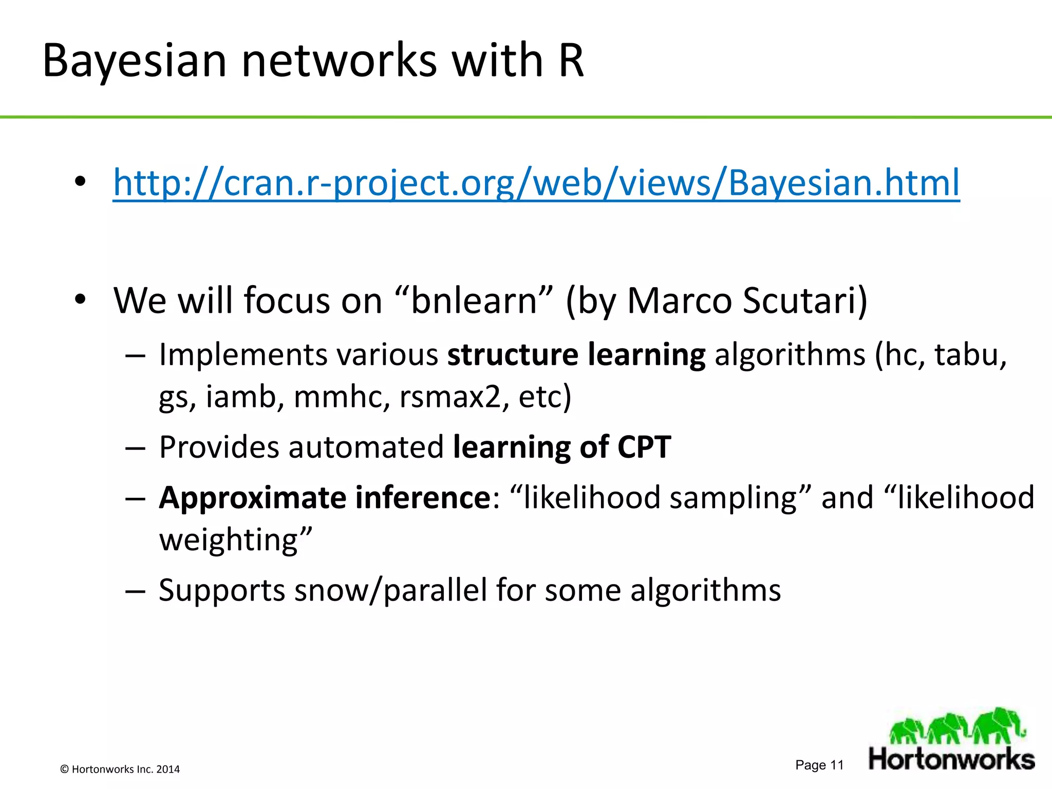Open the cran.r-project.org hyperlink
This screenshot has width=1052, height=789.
tap(536, 183)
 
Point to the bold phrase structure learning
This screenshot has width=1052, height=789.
tap(576, 354)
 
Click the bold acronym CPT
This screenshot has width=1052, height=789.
tap(644, 447)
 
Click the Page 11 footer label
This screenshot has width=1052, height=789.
tap(819, 765)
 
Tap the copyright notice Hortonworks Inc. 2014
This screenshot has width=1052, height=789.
tap(120, 769)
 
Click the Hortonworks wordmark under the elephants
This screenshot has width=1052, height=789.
tap(951, 759)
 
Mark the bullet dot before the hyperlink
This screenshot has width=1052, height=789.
tap(80, 182)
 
